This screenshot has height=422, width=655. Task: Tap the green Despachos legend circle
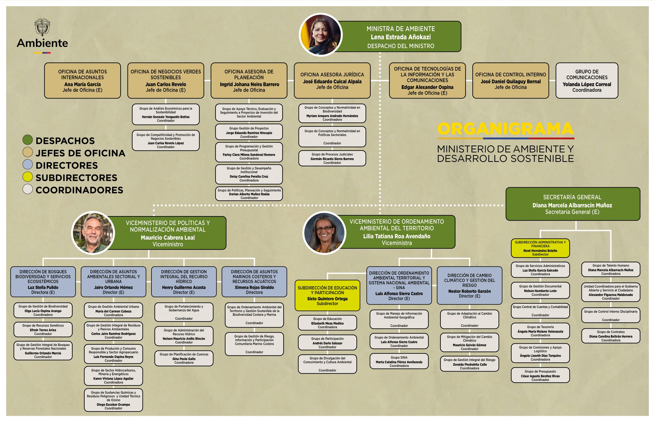click(x=28, y=140)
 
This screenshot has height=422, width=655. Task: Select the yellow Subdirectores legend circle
click(x=28, y=177)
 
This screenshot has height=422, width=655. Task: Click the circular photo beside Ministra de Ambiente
click(x=320, y=35)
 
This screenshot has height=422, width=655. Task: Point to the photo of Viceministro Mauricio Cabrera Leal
click(x=93, y=233)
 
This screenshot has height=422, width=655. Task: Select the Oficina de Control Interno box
click(x=511, y=81)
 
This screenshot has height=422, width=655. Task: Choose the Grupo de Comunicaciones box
click(x=587, y=81)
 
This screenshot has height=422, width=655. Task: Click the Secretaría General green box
click(x=573, y=204)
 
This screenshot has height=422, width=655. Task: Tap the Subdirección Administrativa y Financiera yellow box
click(x=540, y=248)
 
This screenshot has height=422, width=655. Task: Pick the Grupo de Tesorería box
click(x=540, y=331)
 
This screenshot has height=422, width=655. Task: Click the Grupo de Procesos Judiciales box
click(x=332, y=158)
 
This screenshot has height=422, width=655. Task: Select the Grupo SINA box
click(x=399, y=361)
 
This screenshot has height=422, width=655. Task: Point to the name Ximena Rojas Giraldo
click(x=254, y=287)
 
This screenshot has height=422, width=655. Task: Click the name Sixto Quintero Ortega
click(x=327, y=299)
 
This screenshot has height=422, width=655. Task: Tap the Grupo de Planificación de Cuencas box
click(x=184, y=358)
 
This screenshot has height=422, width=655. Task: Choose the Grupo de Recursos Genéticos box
click(x=43, y=330)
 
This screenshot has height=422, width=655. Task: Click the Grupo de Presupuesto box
click(x=540, y=375)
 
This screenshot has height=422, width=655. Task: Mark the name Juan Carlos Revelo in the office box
click(x=166, y=84)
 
